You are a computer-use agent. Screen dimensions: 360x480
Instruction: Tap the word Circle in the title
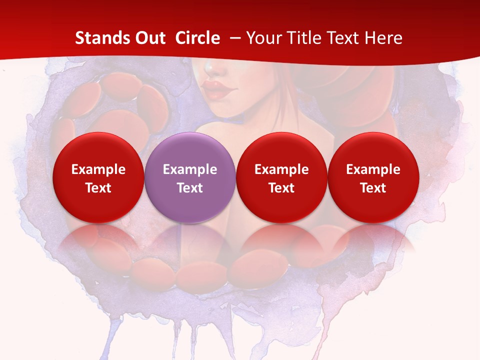(197, 38)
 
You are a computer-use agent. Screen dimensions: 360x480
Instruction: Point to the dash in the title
(233, 38)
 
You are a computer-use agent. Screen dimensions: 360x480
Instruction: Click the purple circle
(190, 150)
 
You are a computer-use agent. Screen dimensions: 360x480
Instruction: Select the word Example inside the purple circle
(190, 169)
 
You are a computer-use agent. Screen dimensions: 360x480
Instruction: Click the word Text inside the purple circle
(190, 188)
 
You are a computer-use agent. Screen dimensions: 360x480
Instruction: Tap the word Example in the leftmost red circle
(98, 169)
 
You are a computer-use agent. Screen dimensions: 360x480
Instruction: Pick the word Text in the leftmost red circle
(98, 188)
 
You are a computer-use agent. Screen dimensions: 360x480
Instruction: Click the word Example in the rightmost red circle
(373, 169)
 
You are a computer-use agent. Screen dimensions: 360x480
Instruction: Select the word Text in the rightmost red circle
(373, 188)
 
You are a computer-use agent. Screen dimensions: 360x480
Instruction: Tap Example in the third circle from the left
(281, 169)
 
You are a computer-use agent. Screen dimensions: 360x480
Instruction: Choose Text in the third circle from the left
(281, 188)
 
